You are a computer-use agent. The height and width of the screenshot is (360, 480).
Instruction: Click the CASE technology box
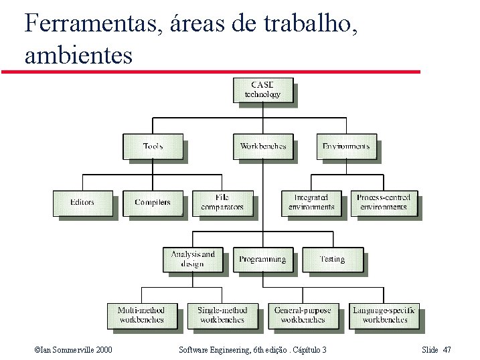pyautogui.click(x=262, y=90)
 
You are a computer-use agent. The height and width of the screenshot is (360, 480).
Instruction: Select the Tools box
pyautogui.click(x=153, y=147)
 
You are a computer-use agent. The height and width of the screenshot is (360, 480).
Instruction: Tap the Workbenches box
pyautogui.click(x=263, y=147)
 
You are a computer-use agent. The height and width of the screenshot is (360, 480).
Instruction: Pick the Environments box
pyautogui.click(x=346, y=147)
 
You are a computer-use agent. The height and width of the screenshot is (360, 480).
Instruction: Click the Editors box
pyautogui.click(x=82, y=203)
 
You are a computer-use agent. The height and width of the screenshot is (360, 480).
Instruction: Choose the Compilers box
pyautogui.click(x=153, y=203)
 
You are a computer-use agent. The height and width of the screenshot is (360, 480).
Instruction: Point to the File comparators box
pyautogui.click(x=222, y=203)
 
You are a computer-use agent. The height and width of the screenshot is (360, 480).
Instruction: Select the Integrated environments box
pyautogui.click(x=311, y=203)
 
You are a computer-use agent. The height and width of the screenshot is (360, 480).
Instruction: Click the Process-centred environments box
pyautogui.click(x=384, y=203)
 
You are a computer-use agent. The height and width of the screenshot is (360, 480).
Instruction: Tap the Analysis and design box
pyautogui.click(x=193, y=259)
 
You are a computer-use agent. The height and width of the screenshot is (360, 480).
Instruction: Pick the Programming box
pyautogui.click(x=263, y=259)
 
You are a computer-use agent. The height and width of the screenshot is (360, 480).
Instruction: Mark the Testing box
pyautogui.click(x=332, y=259)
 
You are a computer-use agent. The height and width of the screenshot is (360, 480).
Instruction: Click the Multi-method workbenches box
pyautogui.click(x=141, y=315)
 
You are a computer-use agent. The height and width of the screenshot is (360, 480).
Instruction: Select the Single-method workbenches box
pyautogui.click(x=222, y=315)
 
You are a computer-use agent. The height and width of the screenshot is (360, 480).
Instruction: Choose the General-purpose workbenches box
pyautogui.click(x=303, y=315)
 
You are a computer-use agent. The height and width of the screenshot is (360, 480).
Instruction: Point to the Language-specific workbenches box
pyautogui.click(x=384, y=315)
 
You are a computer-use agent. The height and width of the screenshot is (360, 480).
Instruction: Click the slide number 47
pyautogui.click(x=447, y=350)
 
